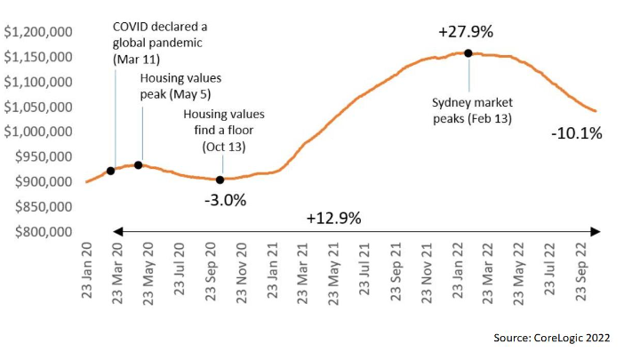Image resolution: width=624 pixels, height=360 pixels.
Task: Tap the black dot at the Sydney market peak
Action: [x=468, y=53]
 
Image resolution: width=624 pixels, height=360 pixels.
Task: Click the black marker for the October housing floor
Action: [x=220, y=180]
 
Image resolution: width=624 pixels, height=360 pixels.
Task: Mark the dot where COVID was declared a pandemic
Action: [x=110, y=171]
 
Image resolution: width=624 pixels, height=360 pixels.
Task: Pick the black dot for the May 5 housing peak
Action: [x=138, y=165]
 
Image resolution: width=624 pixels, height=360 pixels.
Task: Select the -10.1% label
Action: [x=575, y=134]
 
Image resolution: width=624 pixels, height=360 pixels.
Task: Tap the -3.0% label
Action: [x=225, y=200]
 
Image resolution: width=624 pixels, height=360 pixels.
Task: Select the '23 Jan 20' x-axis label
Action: [x=88, y=272]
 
